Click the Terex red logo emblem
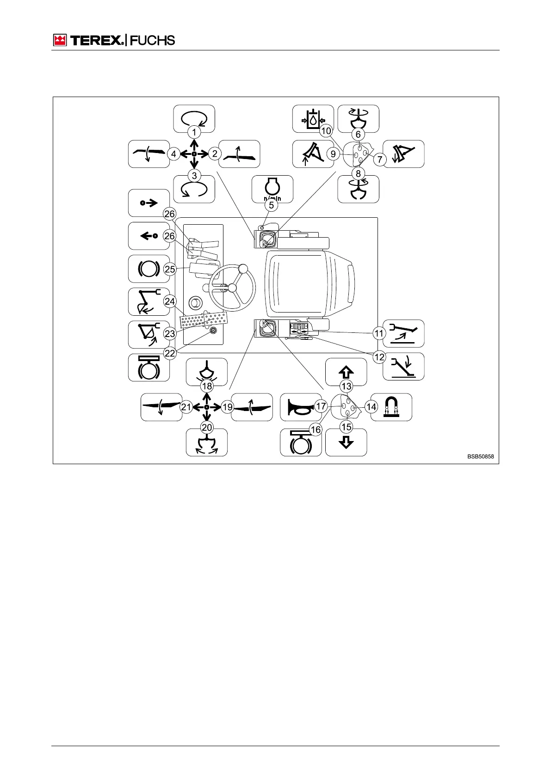tap(60, 40)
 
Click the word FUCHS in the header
tap(152, 40)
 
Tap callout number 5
tap(272, 205)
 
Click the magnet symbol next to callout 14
tap(391, 407)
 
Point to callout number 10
tap(326, 131)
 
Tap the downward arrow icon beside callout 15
tap(346, 442)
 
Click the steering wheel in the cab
tap(232, 287)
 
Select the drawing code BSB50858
tap(480, 456)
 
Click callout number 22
tap(170, 353)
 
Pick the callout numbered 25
tap(170, 269)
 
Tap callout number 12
tap(379, 356)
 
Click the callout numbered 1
tap(194, 132)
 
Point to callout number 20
tap(207, 428)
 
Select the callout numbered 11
tap(379, 333)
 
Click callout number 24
tap(170, 301)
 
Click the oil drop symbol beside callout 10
tap(313, 119)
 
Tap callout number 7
tap(380, 159)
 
